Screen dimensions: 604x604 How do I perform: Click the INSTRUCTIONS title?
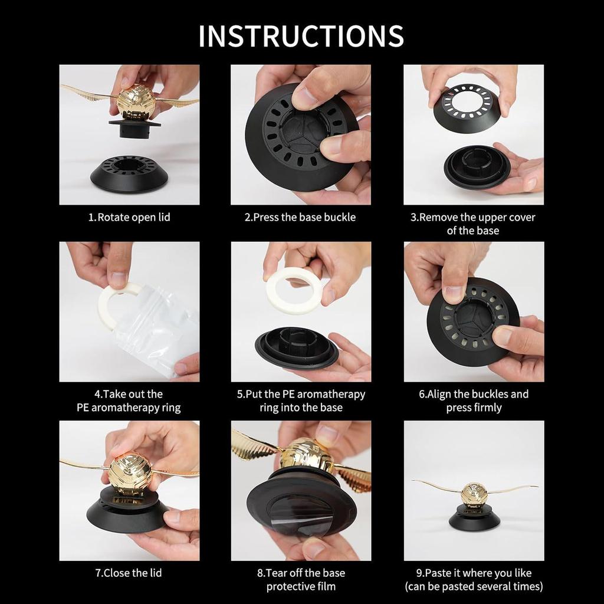pyautogui.click(x=301, y=36)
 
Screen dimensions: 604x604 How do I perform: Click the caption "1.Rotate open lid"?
pyautogui.click(x=129, y=217)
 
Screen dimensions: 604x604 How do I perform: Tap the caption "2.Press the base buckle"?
pyautogui.click(x=300, y=217)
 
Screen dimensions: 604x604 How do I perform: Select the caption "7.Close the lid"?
pyautogui.click(x=129, y=573)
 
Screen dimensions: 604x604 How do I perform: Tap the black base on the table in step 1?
pyautogui.click(x=129, y=174)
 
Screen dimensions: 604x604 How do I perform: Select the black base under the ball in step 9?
pyautogui.click(x=474, y=518)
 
